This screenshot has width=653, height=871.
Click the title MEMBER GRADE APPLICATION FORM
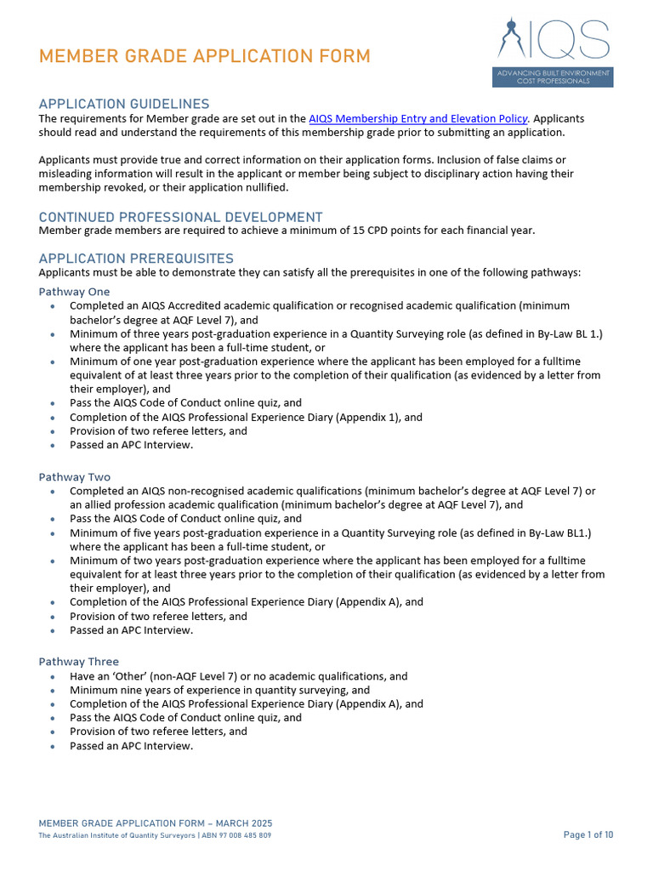click(204, 57)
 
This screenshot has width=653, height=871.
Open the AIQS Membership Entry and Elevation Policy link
click(417, 118)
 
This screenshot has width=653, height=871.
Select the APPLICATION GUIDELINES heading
click(123, 104)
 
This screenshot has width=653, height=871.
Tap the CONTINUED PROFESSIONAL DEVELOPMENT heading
click(180, 217)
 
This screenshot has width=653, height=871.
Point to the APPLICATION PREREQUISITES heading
click(136, 259)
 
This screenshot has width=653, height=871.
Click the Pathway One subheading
click(74, 292)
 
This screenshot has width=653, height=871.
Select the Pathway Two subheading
click(74, 477)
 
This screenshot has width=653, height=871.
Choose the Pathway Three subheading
click(78, 662)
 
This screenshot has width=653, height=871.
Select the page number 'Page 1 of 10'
click(588, 835)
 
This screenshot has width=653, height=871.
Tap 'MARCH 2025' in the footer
click(243, 824)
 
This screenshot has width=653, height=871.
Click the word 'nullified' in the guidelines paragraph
click(264, 188)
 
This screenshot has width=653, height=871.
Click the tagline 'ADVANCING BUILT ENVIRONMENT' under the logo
click(554, 73)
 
